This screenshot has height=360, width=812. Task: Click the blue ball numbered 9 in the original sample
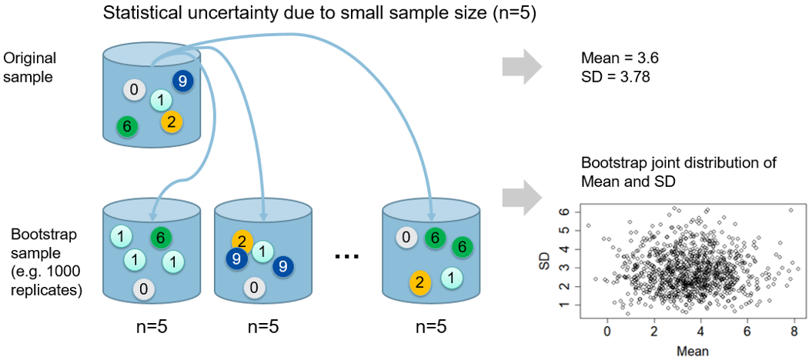click(x=182, y=81)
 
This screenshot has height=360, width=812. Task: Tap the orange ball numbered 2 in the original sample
click(x=172, y=121)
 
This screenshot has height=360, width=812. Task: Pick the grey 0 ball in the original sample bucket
click(x=134, y=91)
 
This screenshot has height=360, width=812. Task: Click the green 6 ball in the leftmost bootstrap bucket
click(x=162, y=238)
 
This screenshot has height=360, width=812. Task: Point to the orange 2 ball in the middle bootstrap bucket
click(x=242, y=241)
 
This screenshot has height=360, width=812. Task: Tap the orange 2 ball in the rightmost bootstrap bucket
click(x=419, y=282)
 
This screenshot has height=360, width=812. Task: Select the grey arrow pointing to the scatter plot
click(x=520, y=195)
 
